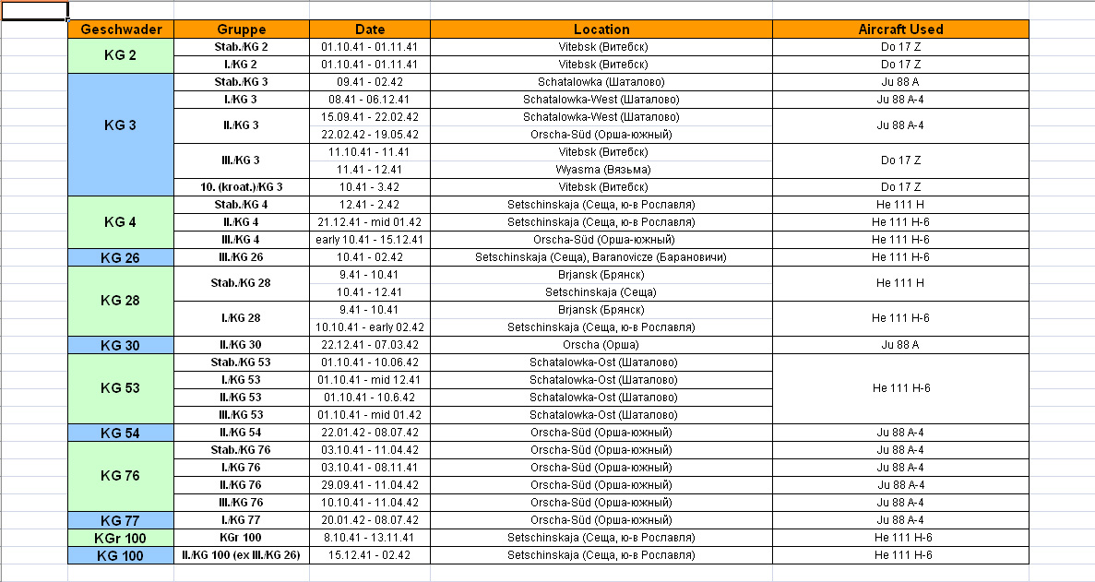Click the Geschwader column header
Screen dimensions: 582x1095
tap(121, 30)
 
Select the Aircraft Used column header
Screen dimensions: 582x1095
tap(900, 30)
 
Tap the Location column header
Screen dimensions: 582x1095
tap(601, 30)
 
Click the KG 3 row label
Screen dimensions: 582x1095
tap(121, 125)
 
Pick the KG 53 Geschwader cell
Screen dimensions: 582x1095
tap(121, 388)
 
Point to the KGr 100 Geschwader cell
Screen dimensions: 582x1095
tap(121, 538)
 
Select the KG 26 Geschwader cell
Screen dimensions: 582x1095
tap(121, 257)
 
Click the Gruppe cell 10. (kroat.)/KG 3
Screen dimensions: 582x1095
tap(242, 187)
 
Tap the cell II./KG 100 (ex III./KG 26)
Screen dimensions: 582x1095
tap(242, 555)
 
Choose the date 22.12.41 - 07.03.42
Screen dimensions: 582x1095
tap(370, 345)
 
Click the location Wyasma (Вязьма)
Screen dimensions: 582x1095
tap(601, 170)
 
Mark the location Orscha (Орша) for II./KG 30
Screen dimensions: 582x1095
tap(601, 345)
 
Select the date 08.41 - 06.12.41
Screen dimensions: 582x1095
tap(370, 100)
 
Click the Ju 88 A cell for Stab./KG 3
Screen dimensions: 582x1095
tap(900, 82)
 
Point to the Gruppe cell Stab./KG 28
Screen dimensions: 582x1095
tap(242, 283)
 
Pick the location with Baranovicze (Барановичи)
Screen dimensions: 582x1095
tap(601, 257)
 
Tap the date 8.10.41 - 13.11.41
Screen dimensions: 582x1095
tap(370, 538)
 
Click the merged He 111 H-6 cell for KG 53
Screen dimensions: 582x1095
tap(900, 388)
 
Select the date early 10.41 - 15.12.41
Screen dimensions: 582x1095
tap(370, 240)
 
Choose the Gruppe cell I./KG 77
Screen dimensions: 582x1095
tap(242, 520)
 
